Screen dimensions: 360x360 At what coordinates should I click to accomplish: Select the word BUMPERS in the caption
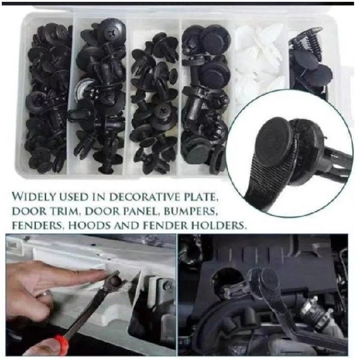point(191,211)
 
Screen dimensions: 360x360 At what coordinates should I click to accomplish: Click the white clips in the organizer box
point(259,62)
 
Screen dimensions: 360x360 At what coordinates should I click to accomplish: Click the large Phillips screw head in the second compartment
point(113,31)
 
